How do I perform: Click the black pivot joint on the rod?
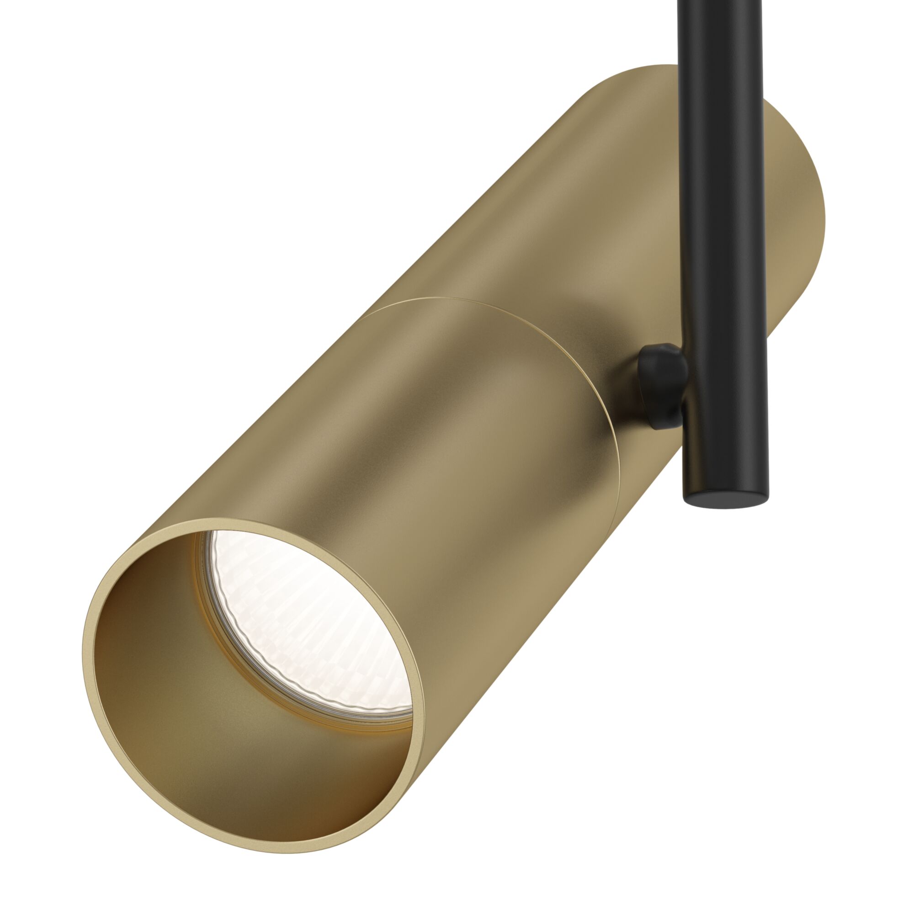tap(662, 386)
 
